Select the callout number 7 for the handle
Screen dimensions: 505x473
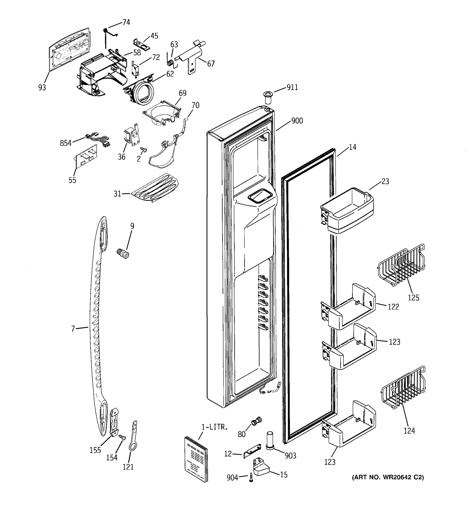[73, 329]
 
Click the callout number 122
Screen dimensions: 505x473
[393, 307]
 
